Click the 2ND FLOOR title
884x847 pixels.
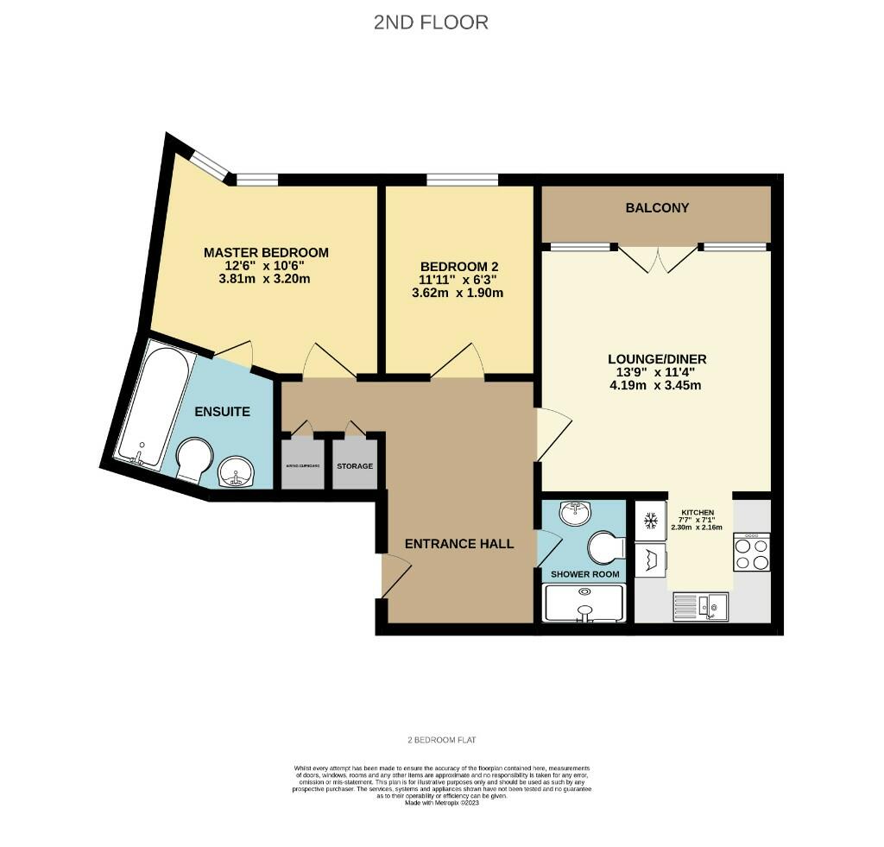pos(431,22)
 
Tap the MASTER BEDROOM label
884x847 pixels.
pos(266,252)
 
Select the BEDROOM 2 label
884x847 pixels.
pos(458,267)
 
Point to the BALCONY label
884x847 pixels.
pos(657,208)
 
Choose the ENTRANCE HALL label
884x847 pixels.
pos(459,543)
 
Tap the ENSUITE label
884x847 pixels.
pos(221,412)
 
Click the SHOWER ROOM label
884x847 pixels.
pos(584,574)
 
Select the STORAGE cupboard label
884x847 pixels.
pos(355,466)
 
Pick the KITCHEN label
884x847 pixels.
pos(697,513)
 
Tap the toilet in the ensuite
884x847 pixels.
pos(194,459)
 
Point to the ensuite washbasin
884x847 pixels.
pos(234,472)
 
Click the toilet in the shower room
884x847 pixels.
pos(604,547)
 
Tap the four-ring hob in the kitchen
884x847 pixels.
pos(750,553)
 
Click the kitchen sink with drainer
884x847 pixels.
pos(702,606)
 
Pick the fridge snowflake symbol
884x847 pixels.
pos(652,521)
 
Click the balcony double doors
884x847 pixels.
pos(658,258)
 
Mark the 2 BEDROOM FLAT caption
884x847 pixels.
pos(442,740)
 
